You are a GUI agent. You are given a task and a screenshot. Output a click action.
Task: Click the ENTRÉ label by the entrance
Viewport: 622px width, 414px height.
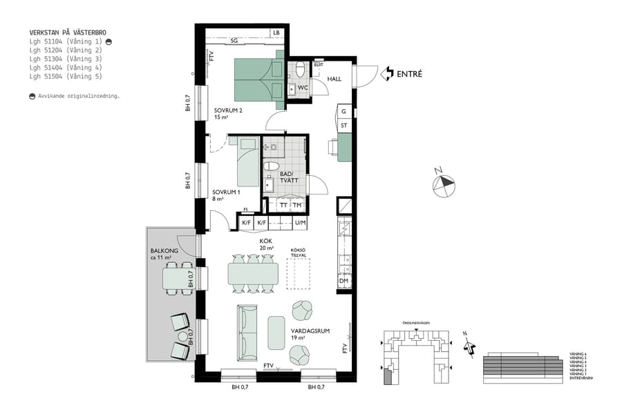click(408, 73)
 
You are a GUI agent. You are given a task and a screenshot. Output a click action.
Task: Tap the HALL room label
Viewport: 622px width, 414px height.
click(334, 79)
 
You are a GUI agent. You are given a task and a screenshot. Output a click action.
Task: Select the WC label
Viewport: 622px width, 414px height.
click(302, 88)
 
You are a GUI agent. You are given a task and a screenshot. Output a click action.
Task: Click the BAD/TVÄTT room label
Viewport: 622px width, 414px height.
click(286, 177)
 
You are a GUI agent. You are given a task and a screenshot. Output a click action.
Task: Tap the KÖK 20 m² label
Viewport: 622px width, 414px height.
click(266, 244)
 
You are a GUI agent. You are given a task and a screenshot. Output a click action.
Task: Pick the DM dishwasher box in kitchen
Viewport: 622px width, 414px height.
click(343, 281)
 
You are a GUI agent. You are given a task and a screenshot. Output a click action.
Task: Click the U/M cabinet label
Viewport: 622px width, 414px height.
click(300, 223)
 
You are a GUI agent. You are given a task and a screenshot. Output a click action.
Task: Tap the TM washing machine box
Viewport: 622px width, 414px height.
click(297, 206)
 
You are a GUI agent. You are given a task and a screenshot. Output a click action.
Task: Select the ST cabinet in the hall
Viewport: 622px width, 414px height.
click(343, 126)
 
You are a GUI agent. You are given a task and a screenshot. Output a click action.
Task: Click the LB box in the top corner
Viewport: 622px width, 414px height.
click(276, 32)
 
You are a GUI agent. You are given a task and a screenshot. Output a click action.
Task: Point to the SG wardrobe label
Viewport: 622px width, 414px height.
click(234, 41)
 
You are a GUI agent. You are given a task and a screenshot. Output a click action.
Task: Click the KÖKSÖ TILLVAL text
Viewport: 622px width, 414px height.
click(299, 253)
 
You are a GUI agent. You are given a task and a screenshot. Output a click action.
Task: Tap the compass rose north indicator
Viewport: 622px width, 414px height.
click(443, 184)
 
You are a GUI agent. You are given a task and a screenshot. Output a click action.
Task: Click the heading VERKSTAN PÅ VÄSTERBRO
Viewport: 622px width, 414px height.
click(68, 32)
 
